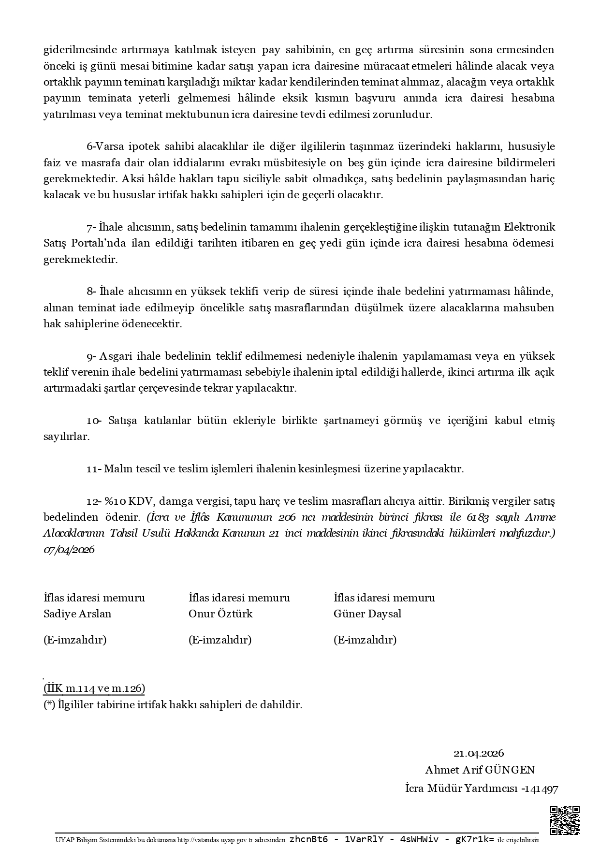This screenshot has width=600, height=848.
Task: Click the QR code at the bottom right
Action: coord(565,820)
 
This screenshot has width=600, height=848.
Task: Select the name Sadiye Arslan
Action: coord(77,614)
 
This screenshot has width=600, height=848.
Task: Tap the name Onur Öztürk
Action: coord(220,614)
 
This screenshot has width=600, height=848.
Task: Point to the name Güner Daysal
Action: coord(367,614)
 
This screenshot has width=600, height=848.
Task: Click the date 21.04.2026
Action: coord(479,753)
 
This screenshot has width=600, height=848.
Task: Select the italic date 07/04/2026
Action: coord(69,550)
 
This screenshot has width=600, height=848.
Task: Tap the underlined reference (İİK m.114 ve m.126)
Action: coord(94,688)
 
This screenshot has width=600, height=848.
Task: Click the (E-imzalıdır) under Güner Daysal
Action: coord(365,640)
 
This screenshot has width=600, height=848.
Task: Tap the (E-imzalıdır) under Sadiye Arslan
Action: coord(75,640)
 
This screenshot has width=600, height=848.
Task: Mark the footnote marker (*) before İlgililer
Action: coord(49,705)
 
